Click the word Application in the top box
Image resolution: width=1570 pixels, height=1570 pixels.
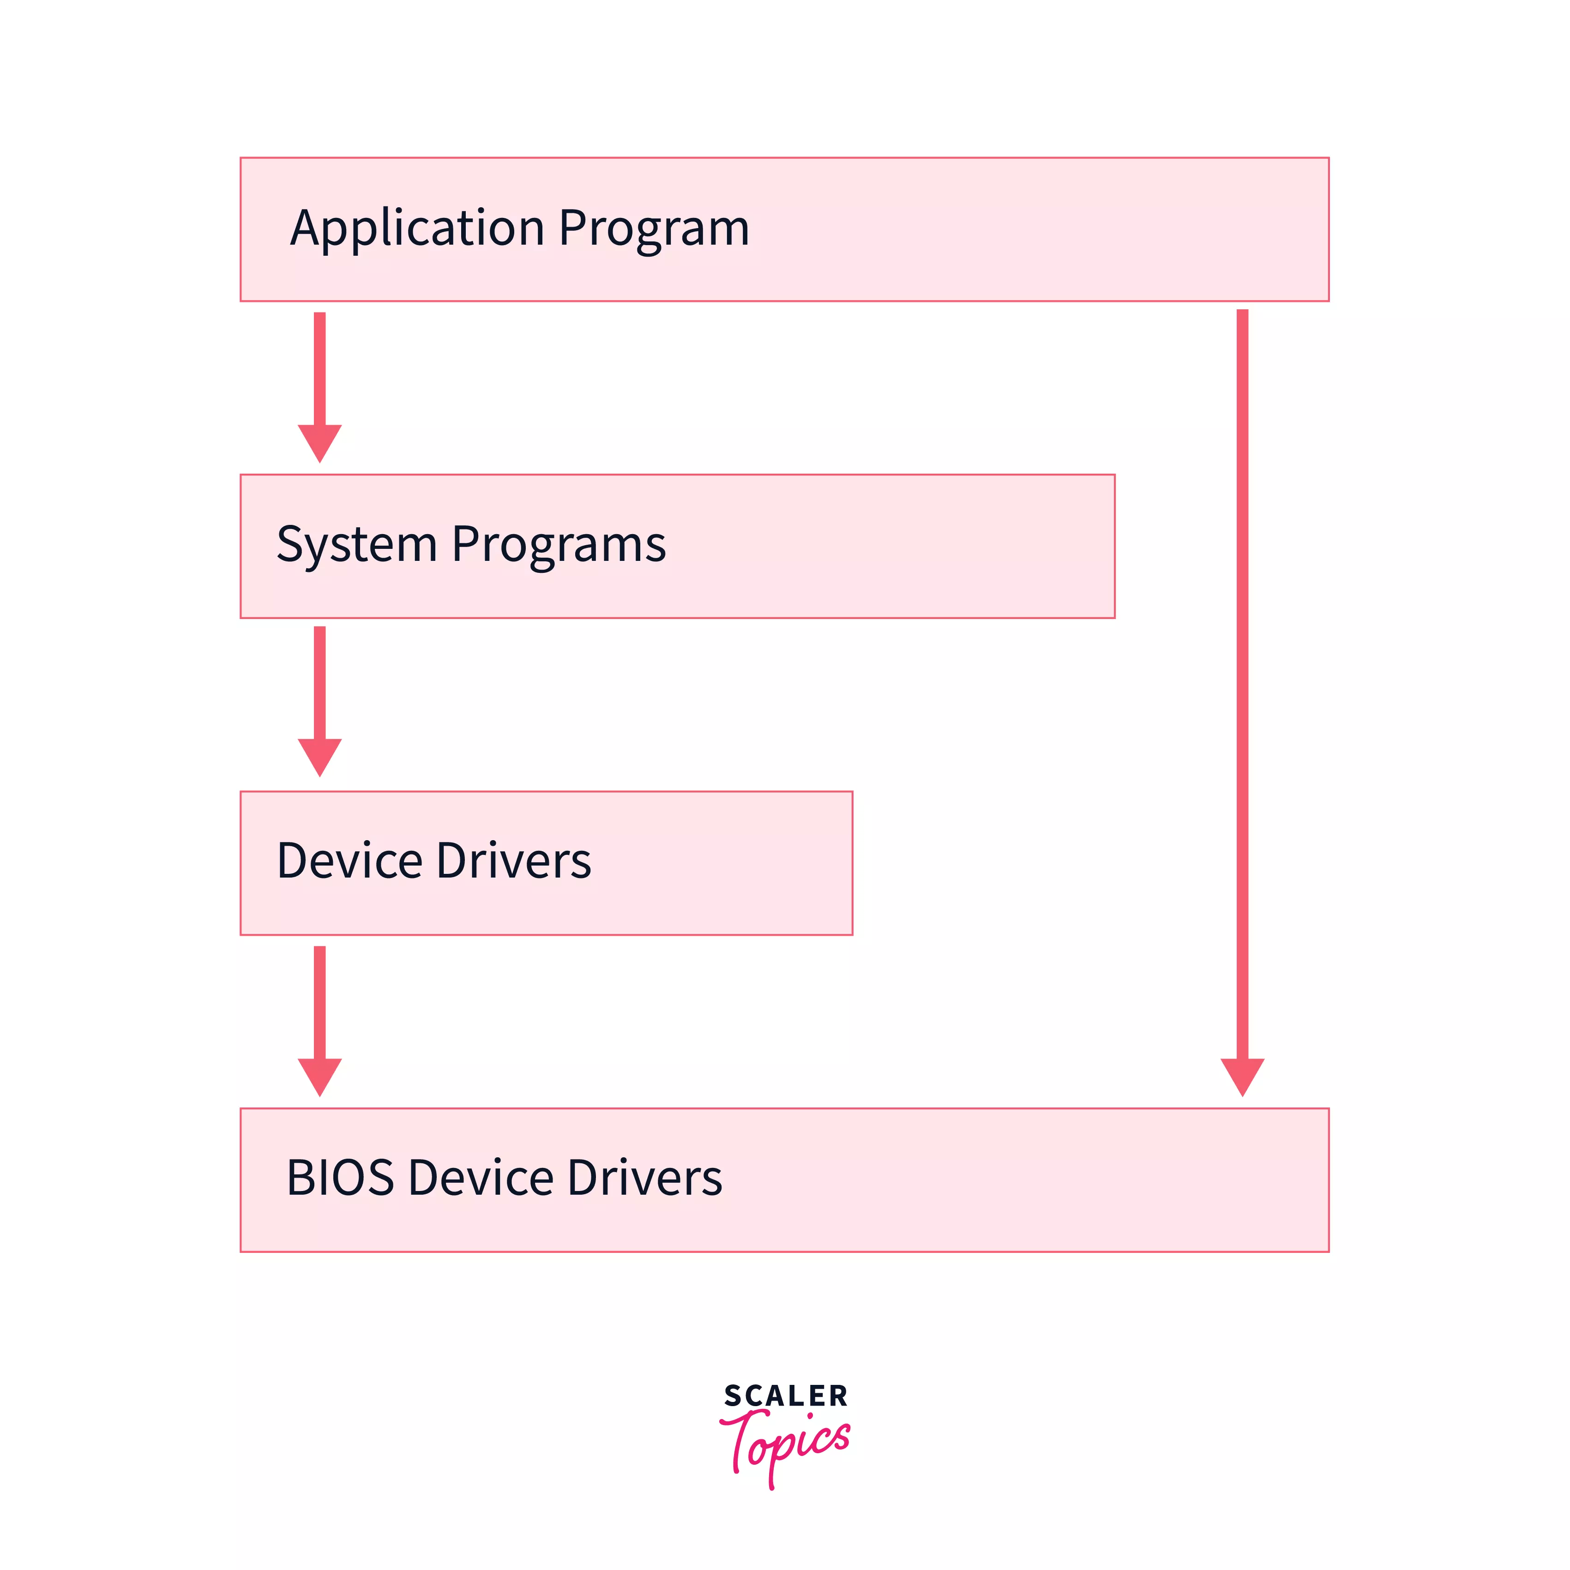point(416,229)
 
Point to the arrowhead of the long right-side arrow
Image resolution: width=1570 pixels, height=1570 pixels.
point(1242,1075)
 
